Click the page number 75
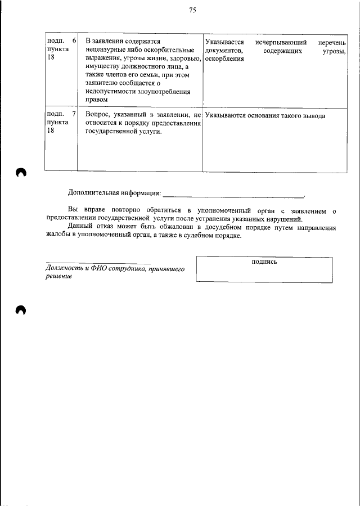pos(192,10)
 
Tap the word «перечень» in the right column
pos(331,42)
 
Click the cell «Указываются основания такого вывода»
pos(265,116)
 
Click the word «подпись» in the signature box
pos(264,261)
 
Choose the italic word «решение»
pos(58,277)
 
